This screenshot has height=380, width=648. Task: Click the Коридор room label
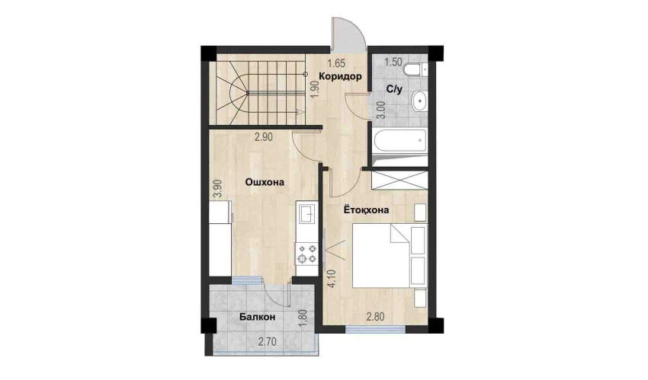tap(340, 76)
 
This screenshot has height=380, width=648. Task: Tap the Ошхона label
tap(265, 182)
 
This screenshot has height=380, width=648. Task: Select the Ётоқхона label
tap(366, 209)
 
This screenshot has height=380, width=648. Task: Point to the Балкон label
tap(257, 317)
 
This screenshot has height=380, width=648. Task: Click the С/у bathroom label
tap(394, 89)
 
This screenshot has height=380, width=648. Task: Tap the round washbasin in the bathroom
tap(420, 100)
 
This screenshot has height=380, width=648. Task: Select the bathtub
tap(400, 142)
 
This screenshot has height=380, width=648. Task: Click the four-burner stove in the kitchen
tap(306, 254)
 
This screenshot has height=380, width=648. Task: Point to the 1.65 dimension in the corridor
tap(336, 63)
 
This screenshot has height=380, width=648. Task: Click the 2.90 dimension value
tap(263, 137)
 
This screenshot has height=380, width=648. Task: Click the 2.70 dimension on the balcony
tap(268, 342)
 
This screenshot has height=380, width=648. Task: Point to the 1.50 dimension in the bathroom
tap(393, 62)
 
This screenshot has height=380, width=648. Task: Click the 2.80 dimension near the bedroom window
tap(376, 317)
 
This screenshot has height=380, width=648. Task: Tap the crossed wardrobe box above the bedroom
tap(399, 180)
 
